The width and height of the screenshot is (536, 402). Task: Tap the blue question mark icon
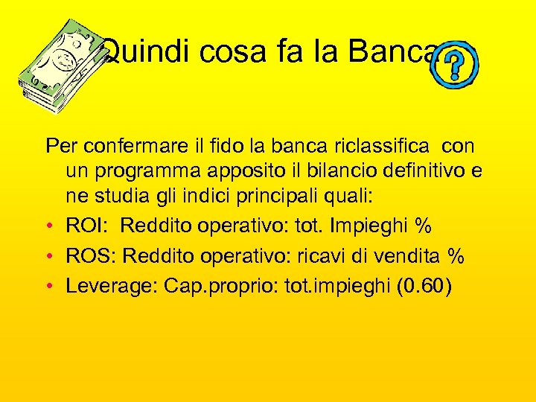(455, 66)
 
